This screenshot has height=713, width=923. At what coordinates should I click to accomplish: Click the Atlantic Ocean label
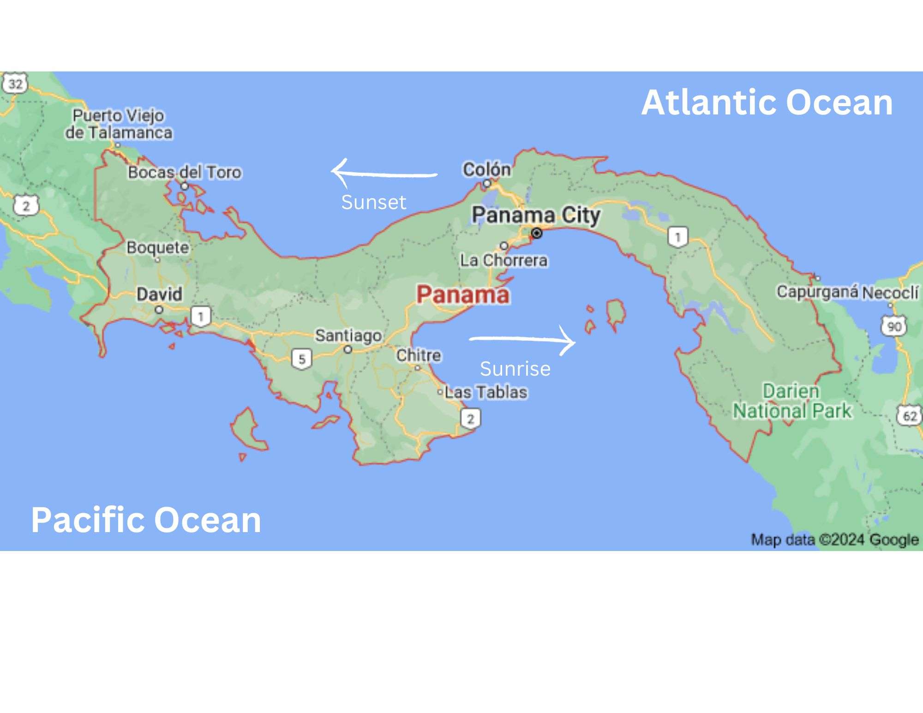[767, 102]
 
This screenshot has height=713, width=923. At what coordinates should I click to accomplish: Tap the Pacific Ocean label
[146, 520]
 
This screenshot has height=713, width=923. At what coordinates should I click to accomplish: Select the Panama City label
[536, 215]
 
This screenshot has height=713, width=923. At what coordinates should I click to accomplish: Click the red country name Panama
[463, 295]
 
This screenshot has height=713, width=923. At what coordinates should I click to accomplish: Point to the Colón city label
[486, 170]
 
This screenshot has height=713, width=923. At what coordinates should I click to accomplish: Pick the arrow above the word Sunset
[384, 174]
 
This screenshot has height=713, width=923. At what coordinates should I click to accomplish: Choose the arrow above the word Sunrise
[522, 340]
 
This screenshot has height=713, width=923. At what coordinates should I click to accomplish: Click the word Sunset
[373, 202]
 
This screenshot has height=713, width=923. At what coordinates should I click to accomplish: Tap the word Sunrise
[515, 369]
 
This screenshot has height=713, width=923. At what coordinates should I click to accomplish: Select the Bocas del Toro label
[185, 173]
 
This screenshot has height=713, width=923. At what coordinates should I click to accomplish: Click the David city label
[159, 294]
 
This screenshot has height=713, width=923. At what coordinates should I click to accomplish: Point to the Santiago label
[348, 336]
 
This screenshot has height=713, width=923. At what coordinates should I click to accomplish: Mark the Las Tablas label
[485, 392]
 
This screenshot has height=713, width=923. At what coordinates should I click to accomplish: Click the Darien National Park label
[792, 401]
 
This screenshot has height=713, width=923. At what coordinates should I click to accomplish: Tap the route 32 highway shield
[15, 84]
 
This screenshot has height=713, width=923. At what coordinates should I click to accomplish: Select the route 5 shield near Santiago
[302, 359]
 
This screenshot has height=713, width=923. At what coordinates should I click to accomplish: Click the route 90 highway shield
[894, 327]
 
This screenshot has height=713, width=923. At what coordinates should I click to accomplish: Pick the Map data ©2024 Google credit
[834, 539]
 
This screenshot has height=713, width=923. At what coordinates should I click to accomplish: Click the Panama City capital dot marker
[537, 234]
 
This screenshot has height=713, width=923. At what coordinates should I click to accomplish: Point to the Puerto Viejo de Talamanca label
[119, 124]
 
